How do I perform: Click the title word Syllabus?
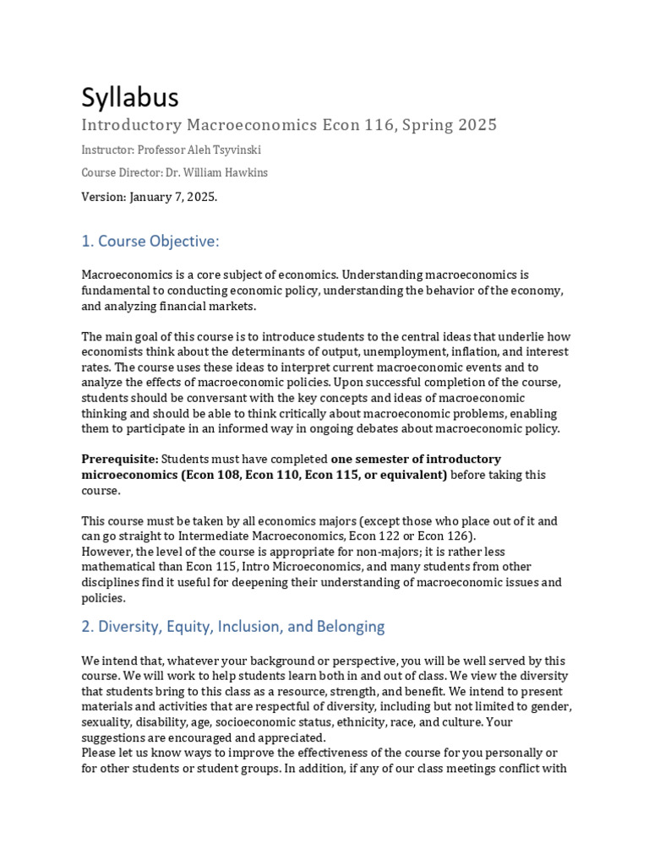(x=129, y=98)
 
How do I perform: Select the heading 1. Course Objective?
(x=150, y=242)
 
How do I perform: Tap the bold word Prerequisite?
(x=119, y=459)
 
